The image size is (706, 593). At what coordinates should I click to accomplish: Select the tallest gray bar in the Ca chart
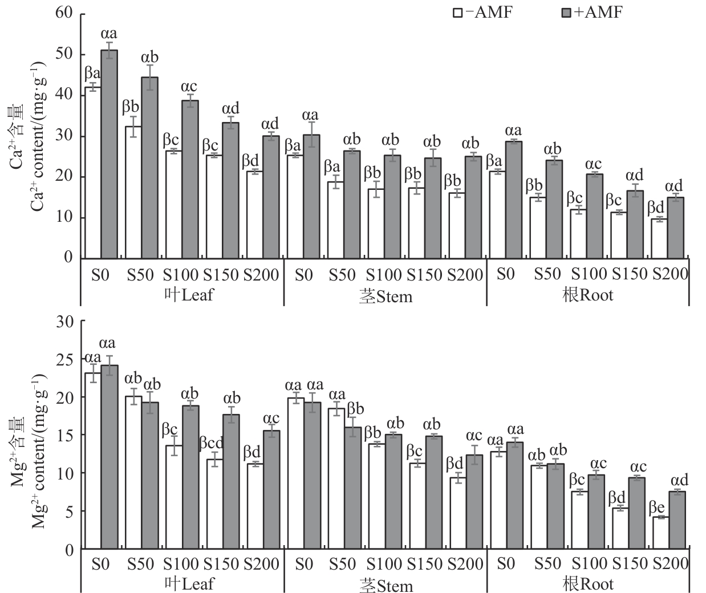[109, 154]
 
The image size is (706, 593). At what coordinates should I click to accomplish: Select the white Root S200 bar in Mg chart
[660, 533]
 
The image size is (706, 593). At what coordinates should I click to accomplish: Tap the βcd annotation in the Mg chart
[211, 443]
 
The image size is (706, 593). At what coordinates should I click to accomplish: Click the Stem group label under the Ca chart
[386, 296]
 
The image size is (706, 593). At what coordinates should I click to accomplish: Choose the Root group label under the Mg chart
[587, 584]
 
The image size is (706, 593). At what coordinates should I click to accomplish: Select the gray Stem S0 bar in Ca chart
[311, 196]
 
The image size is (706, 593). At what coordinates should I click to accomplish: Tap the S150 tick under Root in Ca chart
[630, 274]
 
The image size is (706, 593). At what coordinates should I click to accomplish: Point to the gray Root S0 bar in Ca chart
[513, 199]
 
